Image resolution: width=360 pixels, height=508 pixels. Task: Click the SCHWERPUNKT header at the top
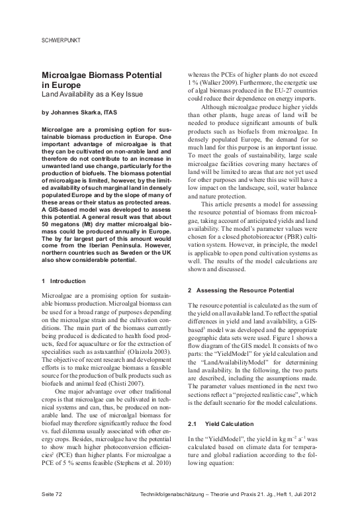click(x=61, y=40)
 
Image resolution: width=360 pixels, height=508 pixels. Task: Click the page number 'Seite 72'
click(x=52, y=493)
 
